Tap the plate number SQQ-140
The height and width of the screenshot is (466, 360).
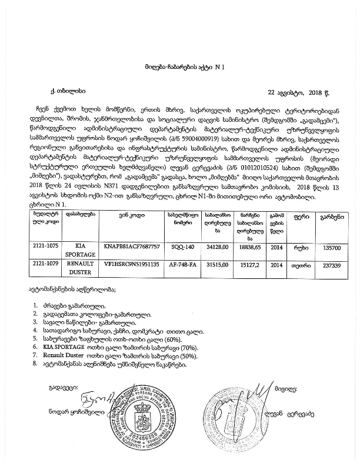point(181,248)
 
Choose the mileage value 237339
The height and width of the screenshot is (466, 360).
point(327,265)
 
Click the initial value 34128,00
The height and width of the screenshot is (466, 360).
point(213,248)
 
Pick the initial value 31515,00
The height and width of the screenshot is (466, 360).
point(213,265)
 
